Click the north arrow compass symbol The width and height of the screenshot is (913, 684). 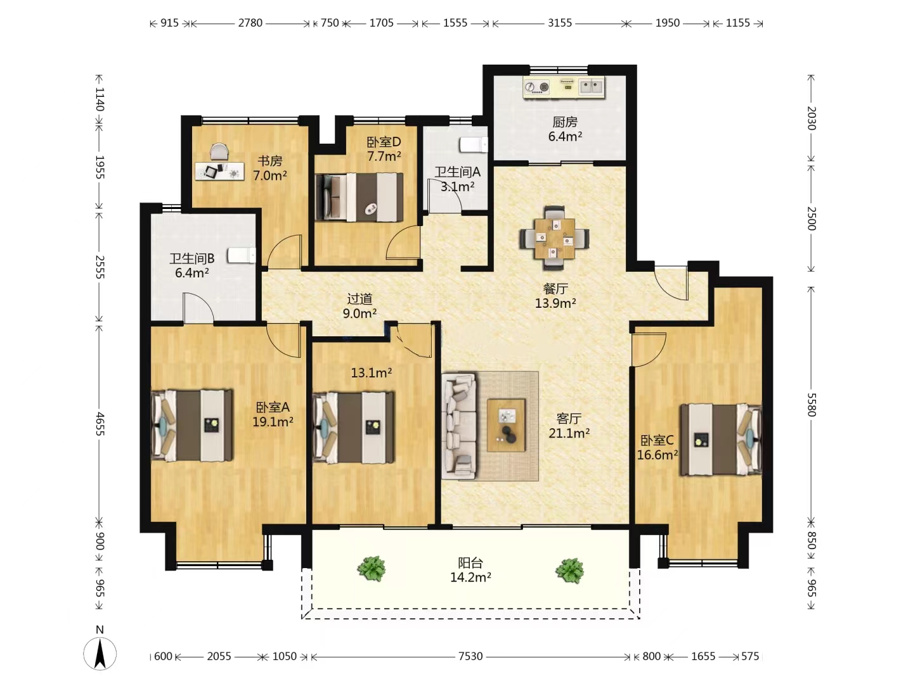[100, 654]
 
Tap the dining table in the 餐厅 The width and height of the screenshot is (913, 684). [554, 238]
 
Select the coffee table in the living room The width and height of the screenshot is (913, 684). [506, 425]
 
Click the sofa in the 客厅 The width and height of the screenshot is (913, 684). [459, 426]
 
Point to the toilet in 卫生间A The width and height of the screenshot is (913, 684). [474, 145]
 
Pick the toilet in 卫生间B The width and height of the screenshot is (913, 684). [242, 255]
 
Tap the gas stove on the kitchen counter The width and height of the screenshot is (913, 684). [537, 87]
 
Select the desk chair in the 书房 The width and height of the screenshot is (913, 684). [219, 151]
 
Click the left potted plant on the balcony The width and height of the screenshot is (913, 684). [372, 569]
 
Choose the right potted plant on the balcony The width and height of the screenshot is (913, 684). [569, 570]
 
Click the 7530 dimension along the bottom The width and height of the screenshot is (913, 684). [470, 656]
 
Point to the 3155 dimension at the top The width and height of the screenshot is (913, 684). [559, 23]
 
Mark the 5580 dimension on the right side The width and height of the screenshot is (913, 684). [812, 405]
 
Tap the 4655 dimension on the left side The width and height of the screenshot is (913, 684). [100, 424]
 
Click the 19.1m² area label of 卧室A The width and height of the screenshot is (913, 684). [273, 422]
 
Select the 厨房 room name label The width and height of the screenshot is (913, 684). [565, 122]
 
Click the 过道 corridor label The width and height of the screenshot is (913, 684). [359, 298]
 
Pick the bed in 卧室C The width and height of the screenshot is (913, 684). [721, 440]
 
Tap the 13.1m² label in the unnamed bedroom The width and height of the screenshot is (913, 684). [372, 373]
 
